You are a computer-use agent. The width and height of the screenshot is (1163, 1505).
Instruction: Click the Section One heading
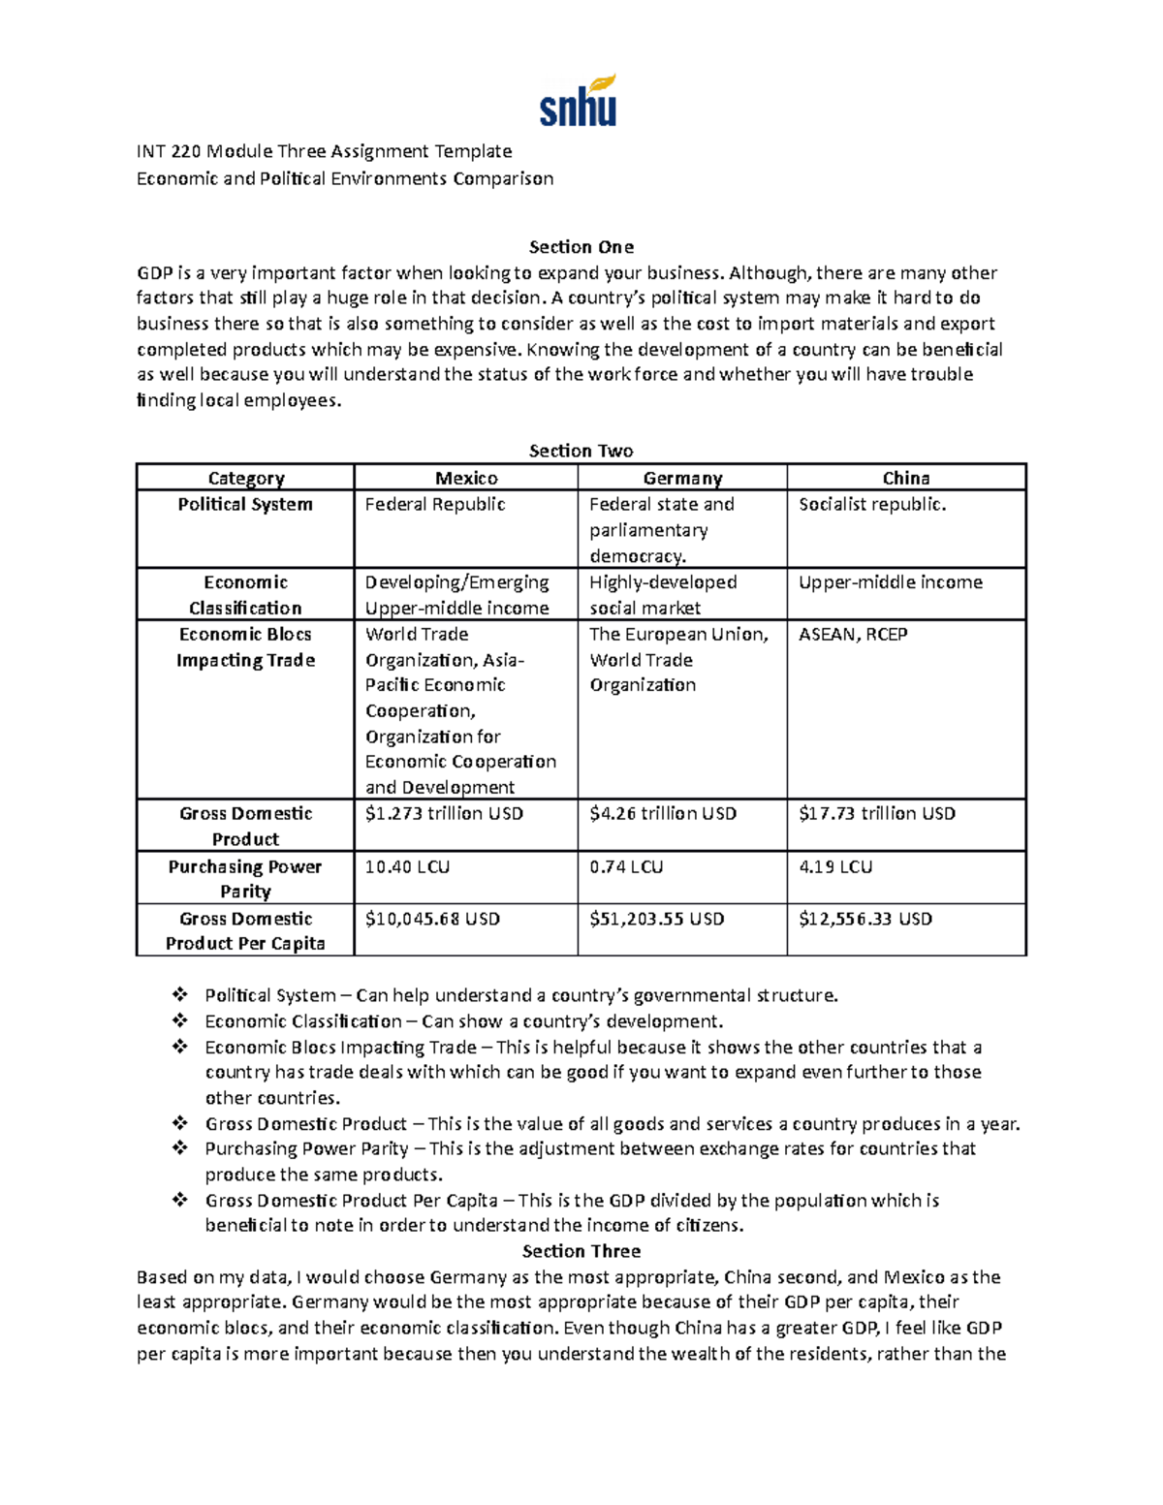pyautogui.click(x=581, y=247)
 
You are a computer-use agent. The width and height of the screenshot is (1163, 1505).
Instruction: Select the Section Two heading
pyautogui.click(x=581, y=451)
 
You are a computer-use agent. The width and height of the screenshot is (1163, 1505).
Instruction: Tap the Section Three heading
pyautogui.click(x=581, y=1251)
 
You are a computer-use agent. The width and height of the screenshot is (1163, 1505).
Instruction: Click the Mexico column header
pyautogui.click(x=466, y=478)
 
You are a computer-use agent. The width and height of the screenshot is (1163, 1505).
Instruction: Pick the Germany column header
pyautogui.click(x=682, y=478)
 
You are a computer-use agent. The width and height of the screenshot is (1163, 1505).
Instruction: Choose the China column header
pyautogui.click(x=906, y=478)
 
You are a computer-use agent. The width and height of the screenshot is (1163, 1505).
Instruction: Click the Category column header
pyautogui.click(x=245, y=478)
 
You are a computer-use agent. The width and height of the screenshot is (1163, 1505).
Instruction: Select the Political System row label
pyautogui.click(x=245, y=504)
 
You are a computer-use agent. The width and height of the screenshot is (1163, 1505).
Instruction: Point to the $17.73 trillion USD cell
pyautogui.click(x=876, y=814)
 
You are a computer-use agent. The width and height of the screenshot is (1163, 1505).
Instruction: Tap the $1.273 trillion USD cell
pyautogui.click(x=444, y=814)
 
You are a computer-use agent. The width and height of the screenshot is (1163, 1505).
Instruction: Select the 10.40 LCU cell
pyautogui.click(x=407, y=866)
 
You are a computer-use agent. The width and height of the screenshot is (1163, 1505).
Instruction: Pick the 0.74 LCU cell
pyautogui.click(x=626, y=866)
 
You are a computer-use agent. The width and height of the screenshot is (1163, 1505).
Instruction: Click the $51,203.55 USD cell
pyautogui.click(x=656, y=919)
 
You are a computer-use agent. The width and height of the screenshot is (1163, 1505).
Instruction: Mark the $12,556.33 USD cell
pyautogui.click(x=864, y=919)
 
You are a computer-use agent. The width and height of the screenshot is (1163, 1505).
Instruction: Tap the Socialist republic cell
pyautogui.click(x=872, y=504)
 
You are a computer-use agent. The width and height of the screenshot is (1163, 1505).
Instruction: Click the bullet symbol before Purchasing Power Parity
pyautogui.click(x=179, y=1148)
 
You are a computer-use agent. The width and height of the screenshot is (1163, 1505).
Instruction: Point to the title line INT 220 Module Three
pyautogui.click(x=324, y=151)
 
